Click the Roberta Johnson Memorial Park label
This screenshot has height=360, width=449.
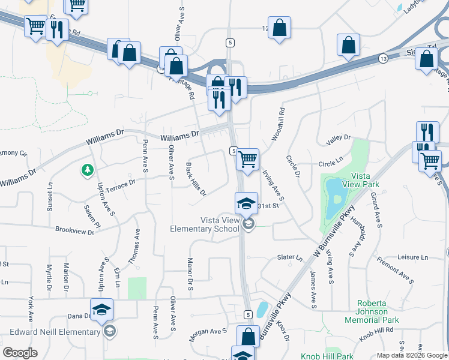[x=372, y=311]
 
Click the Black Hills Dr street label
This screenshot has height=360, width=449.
[x=196, y=179]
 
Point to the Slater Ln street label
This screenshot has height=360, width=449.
[x=290, y=257]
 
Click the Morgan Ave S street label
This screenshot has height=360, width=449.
[x=208, y=335]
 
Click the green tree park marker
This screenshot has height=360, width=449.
[x=88, y=171]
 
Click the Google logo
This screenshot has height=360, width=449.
[x=20, y=353]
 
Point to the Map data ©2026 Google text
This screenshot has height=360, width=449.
[x=412, y=355]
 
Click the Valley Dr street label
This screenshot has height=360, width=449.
[x=338, y=139]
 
